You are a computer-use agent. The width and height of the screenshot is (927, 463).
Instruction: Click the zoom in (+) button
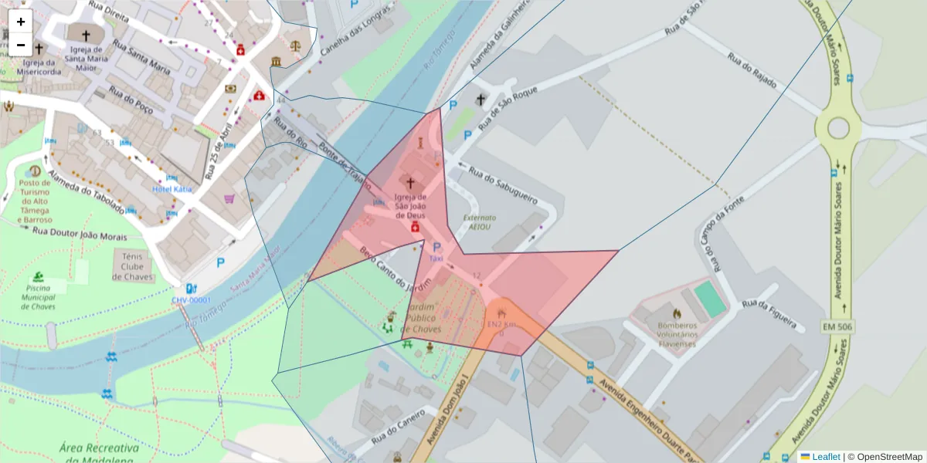click(x=21, y=22)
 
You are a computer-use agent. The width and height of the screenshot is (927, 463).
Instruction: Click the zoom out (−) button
click(x=21, y=45)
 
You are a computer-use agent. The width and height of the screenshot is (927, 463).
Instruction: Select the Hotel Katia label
click(x=172, y=188)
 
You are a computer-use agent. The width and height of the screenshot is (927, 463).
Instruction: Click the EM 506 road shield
click(x=837, y=327)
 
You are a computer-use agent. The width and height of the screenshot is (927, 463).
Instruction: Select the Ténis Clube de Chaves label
click(x=133, y=265)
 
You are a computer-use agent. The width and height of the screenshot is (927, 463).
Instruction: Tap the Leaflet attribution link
click(x=826, y=457)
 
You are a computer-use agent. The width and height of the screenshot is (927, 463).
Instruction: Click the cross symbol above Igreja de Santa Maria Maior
click(x=86, y=35)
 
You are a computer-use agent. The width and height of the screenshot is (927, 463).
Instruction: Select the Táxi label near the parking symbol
click(x=436, y=260)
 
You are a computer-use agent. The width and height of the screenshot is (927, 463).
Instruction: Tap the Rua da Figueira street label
click(x=769, y=314)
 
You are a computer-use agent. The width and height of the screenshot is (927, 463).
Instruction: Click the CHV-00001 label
click(x=191, y=300)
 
